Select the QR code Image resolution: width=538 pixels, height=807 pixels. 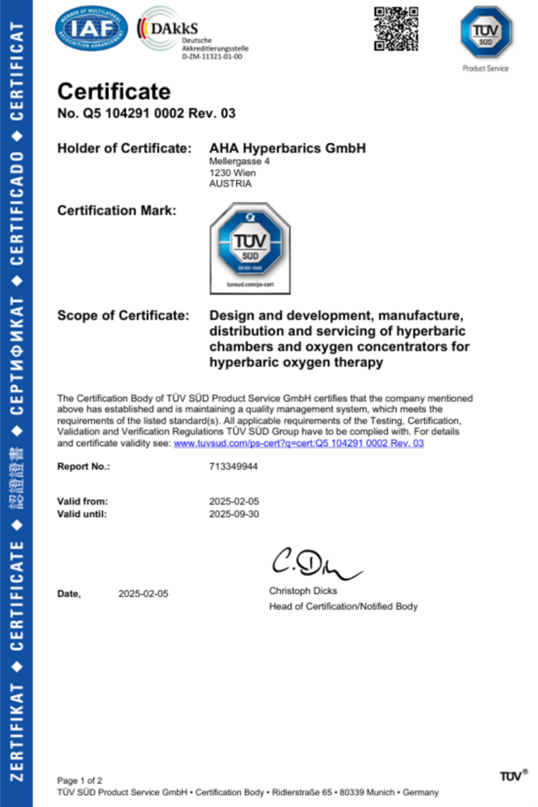396,28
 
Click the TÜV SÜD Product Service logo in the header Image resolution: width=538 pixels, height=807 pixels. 486,34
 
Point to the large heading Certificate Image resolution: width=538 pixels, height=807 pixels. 114,92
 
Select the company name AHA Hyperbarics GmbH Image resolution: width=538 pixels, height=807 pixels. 288,149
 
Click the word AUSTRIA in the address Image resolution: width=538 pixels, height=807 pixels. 230,184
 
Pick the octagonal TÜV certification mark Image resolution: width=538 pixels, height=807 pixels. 250,247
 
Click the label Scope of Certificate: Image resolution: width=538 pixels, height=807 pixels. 123,316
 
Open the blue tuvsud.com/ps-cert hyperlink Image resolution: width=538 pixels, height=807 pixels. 299,443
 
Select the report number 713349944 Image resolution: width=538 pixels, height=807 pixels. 233,466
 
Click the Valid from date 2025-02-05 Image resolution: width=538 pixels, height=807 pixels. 234,501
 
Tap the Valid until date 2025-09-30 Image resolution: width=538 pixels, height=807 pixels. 234,513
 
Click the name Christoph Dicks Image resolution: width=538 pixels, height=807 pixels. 303,591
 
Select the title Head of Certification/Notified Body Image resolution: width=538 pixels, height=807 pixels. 343,607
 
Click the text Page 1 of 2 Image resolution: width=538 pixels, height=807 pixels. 80,780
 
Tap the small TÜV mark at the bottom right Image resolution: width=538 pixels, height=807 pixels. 513,776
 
